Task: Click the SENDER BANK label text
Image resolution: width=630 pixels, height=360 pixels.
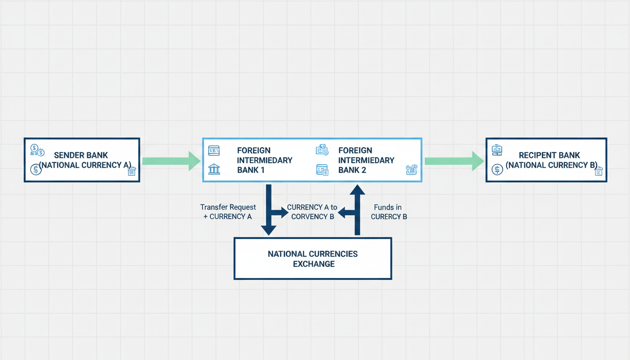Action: (81, 155)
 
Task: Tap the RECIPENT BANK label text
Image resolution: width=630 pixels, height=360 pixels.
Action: (549, 155)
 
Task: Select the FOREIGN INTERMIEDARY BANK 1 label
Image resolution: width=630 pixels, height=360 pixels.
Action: (265, 160)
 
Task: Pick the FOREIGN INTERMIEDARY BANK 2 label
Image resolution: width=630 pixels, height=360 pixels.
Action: (366, 160)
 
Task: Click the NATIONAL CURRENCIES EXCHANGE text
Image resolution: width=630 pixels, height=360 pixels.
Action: (313, 259)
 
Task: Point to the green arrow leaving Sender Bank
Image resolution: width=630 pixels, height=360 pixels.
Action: (171, 161)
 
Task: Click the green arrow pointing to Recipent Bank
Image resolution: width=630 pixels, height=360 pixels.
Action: (454, 161)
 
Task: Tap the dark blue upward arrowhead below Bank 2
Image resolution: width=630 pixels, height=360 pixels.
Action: (357, 190)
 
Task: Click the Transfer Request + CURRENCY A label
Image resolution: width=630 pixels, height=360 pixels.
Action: (228, 212)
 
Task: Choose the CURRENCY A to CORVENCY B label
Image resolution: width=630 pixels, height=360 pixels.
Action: (312, 212)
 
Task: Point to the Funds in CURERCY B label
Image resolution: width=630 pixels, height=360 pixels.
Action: (389, 212)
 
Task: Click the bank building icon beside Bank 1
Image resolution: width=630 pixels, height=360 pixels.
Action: (214, 169)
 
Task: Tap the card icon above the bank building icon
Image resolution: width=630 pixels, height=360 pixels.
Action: (214, 151)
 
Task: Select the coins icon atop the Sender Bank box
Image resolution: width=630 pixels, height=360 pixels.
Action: (37, 150)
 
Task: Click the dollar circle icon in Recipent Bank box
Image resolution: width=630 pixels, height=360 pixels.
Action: (497, 170)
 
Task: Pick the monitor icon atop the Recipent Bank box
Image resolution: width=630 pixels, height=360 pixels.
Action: (497, 150)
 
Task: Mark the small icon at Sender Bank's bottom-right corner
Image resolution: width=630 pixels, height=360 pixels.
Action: (132, 171)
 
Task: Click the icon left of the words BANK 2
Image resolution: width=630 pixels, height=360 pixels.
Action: (322, 170)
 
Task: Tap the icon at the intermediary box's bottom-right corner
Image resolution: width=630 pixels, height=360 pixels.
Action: (412, 170)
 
